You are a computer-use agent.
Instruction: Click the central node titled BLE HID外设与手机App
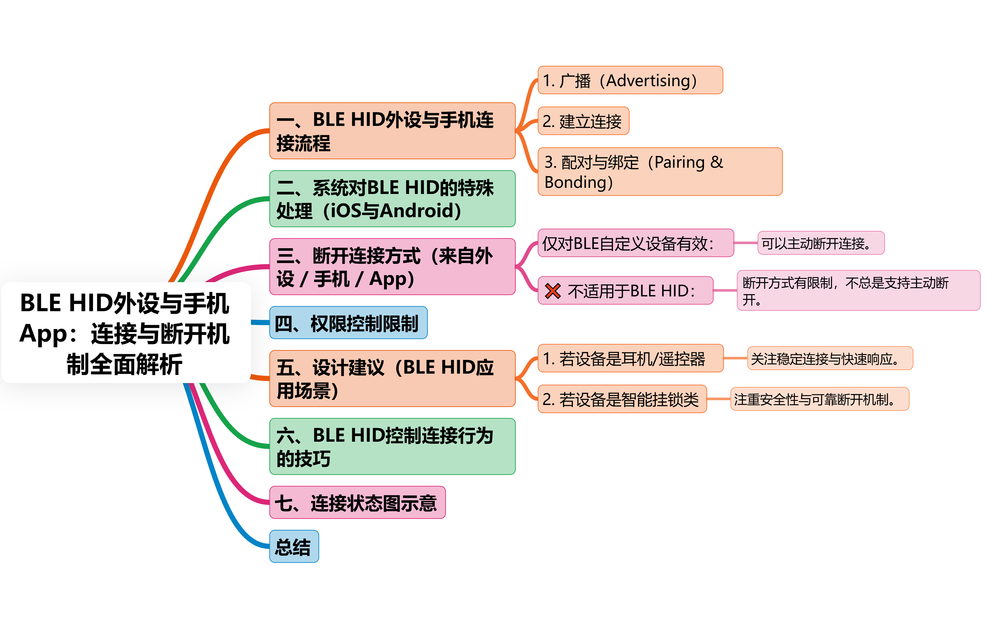click(x=126, y=332)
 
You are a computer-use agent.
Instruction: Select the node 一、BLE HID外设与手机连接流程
click(x=392, y=131)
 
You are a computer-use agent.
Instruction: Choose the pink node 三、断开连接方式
click(x=392, y=267)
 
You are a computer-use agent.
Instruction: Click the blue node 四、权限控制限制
click(x=348, y=323)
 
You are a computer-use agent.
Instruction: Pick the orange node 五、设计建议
click(x=392, y=378)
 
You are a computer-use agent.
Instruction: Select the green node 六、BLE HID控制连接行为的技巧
click(x=392, y=447)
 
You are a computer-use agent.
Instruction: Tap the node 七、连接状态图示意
click(x=357, y=503)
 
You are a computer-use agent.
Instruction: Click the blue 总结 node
click(x=294, y=547)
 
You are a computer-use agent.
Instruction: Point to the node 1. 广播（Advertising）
click(x=630, y=80)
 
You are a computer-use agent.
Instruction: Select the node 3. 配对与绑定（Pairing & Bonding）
click(x=660, y=172)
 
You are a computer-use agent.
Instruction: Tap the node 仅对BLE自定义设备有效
click(x=635, y=243)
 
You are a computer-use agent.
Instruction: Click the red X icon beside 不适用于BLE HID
click(x=552, y=291)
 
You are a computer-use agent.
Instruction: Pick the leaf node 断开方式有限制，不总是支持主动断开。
click(x=858, y=290)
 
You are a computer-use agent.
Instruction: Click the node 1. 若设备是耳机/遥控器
click(x=630, y=358)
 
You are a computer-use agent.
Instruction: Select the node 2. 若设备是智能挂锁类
click(x=622, y=399)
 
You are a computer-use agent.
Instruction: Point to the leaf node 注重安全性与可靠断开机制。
click(x=820, y=399)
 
